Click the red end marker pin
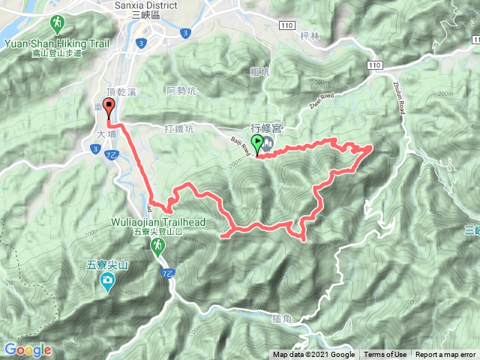pos(109,107)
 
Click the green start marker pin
pos(257,142)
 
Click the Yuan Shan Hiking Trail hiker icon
pos(58,21)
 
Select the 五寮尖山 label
pos(109,264)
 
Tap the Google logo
pos(27,349)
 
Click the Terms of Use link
pos(385,355)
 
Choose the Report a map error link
pos(445,355)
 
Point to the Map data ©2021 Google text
pos(313,355)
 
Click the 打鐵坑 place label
pos(178,128)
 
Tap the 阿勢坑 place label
pos(181,91)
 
